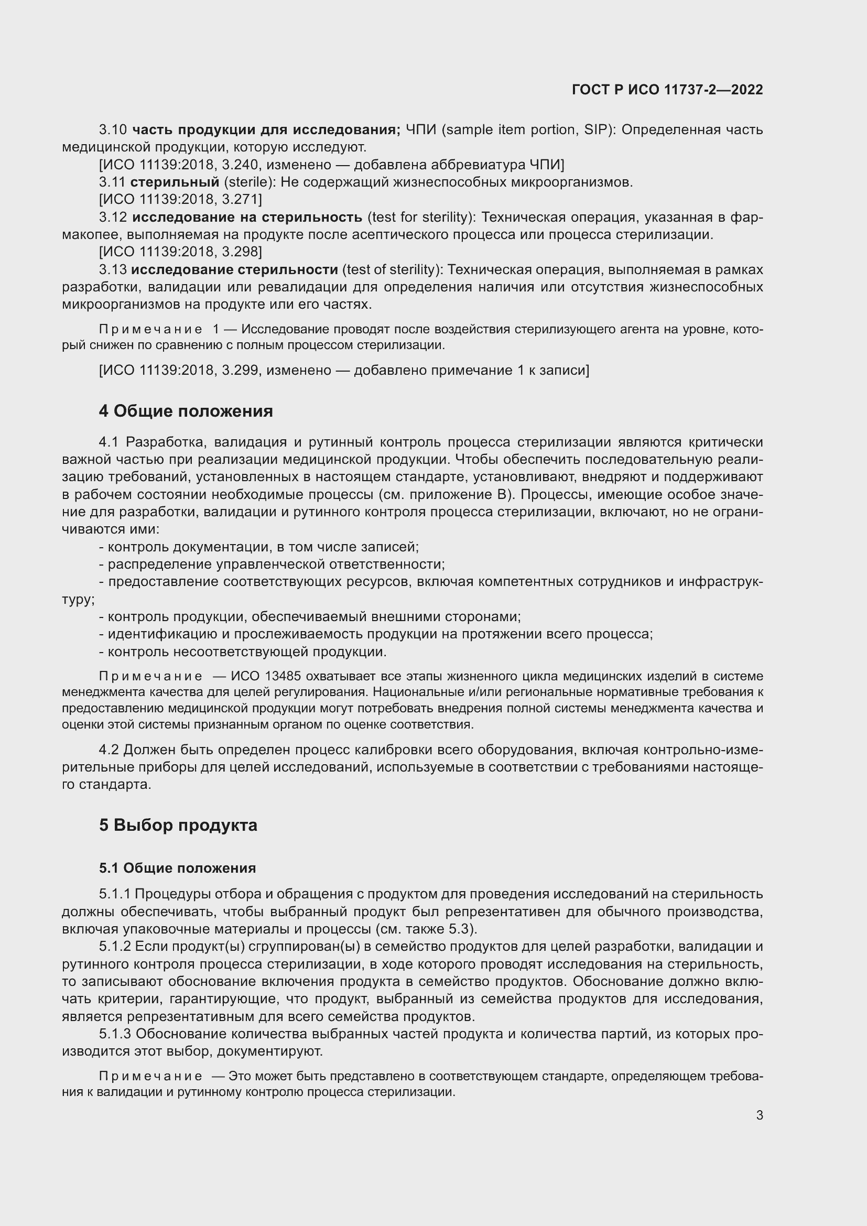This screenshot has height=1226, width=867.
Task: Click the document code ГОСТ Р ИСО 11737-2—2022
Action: coord(667,90)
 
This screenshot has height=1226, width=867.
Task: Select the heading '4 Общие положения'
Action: coord(186,410)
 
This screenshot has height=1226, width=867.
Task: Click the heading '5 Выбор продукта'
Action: coord(178,824)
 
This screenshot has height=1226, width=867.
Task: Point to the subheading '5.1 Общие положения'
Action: coord(177,867)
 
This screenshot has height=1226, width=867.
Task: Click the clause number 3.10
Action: coord(113,130)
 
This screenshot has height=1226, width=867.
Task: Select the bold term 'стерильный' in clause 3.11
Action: coord(175,182)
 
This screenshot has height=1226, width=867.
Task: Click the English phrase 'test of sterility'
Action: coord(393,269)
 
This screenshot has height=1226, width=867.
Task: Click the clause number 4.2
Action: coord(109,750)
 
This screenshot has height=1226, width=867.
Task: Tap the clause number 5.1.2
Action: coord(115,946)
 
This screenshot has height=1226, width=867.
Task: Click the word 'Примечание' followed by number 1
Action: coord(150,330)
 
